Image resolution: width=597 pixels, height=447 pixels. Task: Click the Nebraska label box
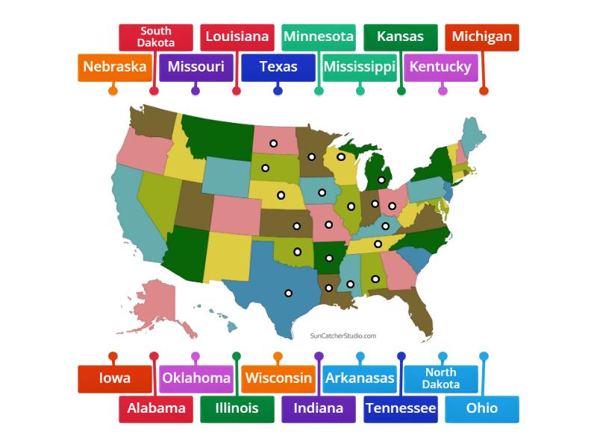[x=114, y=67]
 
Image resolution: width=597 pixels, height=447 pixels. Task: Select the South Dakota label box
[x=155, y=37]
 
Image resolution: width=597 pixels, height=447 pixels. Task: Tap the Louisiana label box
[x=237, y=37]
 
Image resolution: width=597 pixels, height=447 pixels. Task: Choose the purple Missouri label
[x=196, y=67]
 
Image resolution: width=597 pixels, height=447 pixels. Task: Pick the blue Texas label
[x=278, y=67]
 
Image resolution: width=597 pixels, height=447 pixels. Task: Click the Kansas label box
[x=400, y=37]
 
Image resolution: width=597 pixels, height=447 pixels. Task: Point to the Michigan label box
[x=482, y=37]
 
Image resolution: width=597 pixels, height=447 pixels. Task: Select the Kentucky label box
[x=441, y=67]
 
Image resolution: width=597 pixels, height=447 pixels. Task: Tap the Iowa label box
[x=114, y=378]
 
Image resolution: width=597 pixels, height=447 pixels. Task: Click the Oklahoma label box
[x=196, y=378]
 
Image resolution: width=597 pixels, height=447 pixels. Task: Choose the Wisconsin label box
[x=278, y=378]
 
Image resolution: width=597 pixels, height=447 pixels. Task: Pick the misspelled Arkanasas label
[x=360, y=378]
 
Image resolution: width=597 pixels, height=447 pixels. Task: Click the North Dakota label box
[x=441, y=378]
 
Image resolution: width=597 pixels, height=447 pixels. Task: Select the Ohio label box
[x=482, y=408]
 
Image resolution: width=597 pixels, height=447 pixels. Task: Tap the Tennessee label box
[x=401, y=408]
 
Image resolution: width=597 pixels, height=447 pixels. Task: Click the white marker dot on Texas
[x=288, y=293]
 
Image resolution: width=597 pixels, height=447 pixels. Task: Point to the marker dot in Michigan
[x=381, y=180]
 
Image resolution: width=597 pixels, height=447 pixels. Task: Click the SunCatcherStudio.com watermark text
[x=343, y=336]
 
